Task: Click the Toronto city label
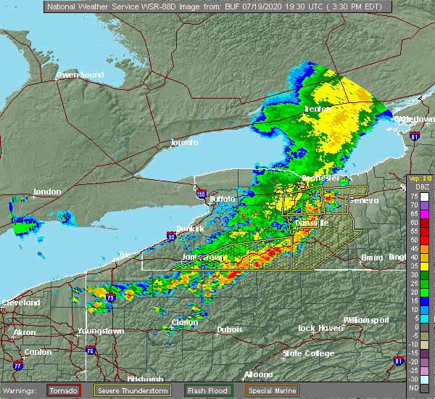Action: tap(184, 142)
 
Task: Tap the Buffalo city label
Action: tap(222, 199)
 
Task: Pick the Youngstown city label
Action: tap(100, 332)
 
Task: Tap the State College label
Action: tap(308, 353)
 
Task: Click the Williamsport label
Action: tap(366, 320)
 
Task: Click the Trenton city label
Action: tap(318, 109)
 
